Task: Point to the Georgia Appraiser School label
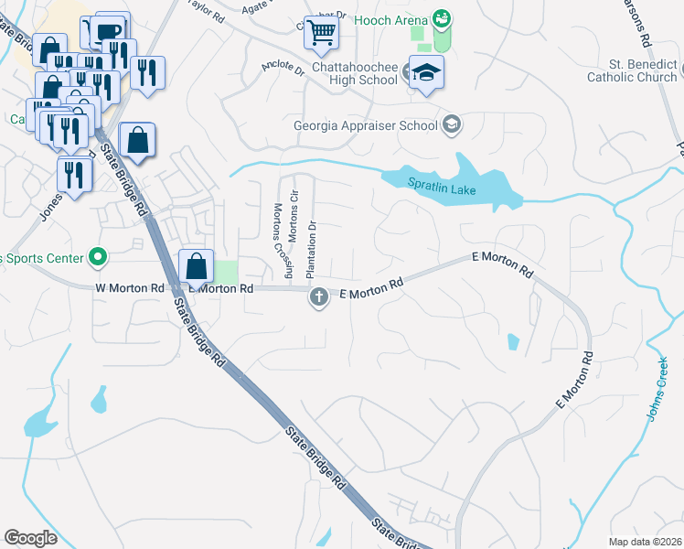[x=366, y=125]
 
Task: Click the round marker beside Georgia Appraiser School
[x=451, y=124]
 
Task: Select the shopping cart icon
[x=322, y=32]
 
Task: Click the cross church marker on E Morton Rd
[x=318, y=296]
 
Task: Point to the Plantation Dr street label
[x=311, y=250]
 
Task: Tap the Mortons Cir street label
[x=294, y=215]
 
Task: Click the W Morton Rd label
[x=129, y=288]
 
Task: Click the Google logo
[x=31, y=538]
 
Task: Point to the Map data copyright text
[x=645, y=542]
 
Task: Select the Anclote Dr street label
[x=282, y=69]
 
